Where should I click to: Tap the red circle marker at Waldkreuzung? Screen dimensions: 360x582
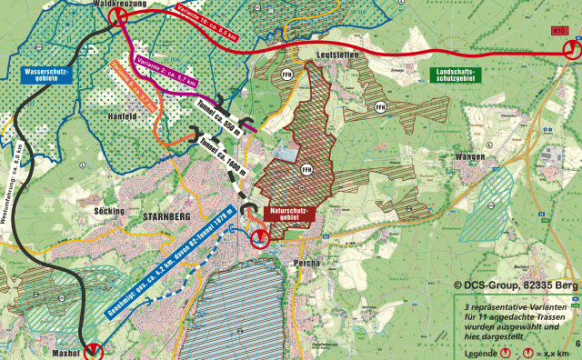pyautogui.click(x=116, y=16)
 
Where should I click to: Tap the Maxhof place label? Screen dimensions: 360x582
pyautogui.click(x=66, y=352)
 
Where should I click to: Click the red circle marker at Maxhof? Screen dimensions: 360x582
pyautogui.click(x=95, y=351)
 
